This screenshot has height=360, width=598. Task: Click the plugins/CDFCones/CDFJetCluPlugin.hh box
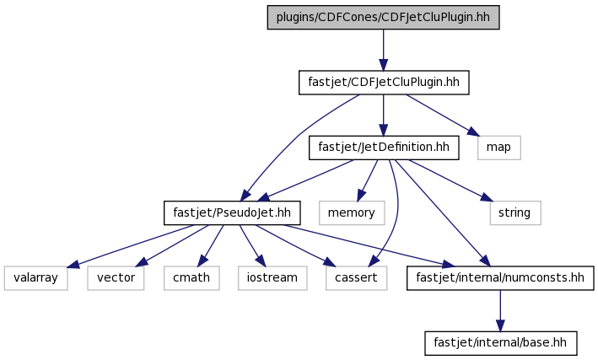pos(383,18)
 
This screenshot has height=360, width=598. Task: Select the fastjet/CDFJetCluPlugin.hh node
pos(384,83)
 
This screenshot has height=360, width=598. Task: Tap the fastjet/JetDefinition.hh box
pos(384,148)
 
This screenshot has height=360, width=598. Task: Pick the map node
pos(498,148)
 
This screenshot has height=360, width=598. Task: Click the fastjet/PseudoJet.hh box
pos(232,212)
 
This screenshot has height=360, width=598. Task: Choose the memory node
pos(352,212)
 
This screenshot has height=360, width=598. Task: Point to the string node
pos(515,212)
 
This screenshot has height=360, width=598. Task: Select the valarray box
pos(36,278)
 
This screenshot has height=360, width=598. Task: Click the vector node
pos(116,278)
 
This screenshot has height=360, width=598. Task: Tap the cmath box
pos(191,278)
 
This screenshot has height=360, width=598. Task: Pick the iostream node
pos(272,278)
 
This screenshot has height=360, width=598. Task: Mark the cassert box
pos(356,278)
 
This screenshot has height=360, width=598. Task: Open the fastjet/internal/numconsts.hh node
pos(500,278)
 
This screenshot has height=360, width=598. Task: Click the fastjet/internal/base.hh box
pos(501,343)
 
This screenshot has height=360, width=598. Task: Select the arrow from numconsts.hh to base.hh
pos(500,311)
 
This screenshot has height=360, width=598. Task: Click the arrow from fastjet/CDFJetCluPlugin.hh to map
pos(443,116)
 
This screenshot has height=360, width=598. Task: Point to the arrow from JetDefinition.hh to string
pos(450,180)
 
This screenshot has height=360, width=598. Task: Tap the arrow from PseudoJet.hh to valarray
pos(132,246)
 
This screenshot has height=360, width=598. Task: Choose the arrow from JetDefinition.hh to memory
pos(367,180)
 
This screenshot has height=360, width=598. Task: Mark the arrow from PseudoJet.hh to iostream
pos(252,245)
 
